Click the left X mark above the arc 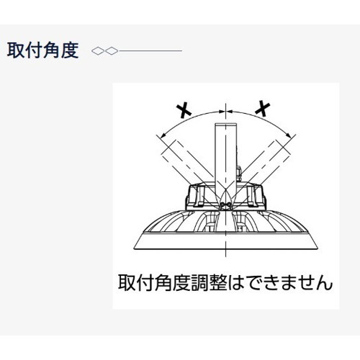click(x=184, y=110)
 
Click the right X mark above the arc click(x=263, y=109)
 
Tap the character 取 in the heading click(x=16, y=50)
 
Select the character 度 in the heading click(x=70, y=50)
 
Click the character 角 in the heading click(x=52, y=50)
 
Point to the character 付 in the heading click(x=34, y=50)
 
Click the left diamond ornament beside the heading click(x=98, y=51)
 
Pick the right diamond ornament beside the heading click(x=112, y=51)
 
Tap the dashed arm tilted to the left click(x=186, y=164)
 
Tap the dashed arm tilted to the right click(x=265, y=164)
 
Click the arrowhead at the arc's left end click(x=163, y=135)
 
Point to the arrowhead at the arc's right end click(x=289, y=135)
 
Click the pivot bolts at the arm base click(x=226, y=204)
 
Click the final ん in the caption click(x=325, y=283)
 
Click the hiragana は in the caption click(x=235, y=283)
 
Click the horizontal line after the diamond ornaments click(x=150, y=51)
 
